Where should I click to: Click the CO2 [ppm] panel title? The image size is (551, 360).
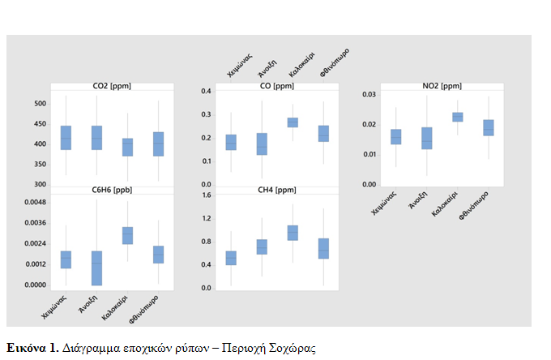tap(110, 86)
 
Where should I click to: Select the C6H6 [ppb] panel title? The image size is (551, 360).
tap(110, 191)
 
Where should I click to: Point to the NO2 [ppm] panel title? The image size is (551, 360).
tap(442, 86)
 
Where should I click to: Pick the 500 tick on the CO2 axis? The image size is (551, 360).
tap(40, 104)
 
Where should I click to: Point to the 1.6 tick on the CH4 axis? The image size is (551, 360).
tap(206, 195)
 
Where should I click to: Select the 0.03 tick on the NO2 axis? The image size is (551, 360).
tap(369, 95)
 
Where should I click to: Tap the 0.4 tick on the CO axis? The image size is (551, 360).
tap(206, 91)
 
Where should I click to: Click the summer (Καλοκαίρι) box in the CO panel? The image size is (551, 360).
tap(293, 122)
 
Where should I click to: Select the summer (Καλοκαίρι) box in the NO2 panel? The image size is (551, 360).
tap(457, 117)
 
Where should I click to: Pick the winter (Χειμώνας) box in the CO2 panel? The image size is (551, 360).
tap(66, 138)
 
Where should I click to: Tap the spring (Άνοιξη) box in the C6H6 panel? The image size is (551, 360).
tap(96, 268)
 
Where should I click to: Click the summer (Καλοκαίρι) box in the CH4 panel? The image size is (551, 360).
tap(293, 233)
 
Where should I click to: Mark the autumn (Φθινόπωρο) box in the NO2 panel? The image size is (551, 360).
tap(488, 127)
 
